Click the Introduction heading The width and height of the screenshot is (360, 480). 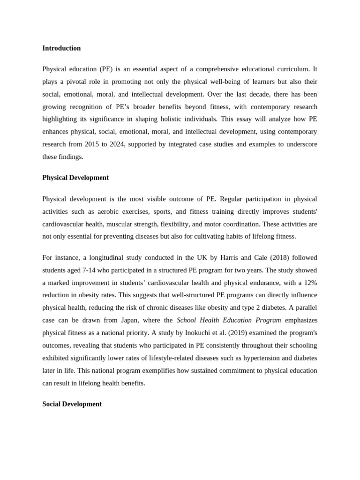tap(61, 48)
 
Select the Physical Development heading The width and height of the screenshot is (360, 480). tap(75, 178)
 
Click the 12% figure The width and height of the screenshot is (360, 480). tap(309, 283)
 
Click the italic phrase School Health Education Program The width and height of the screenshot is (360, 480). tap(229, 320)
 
